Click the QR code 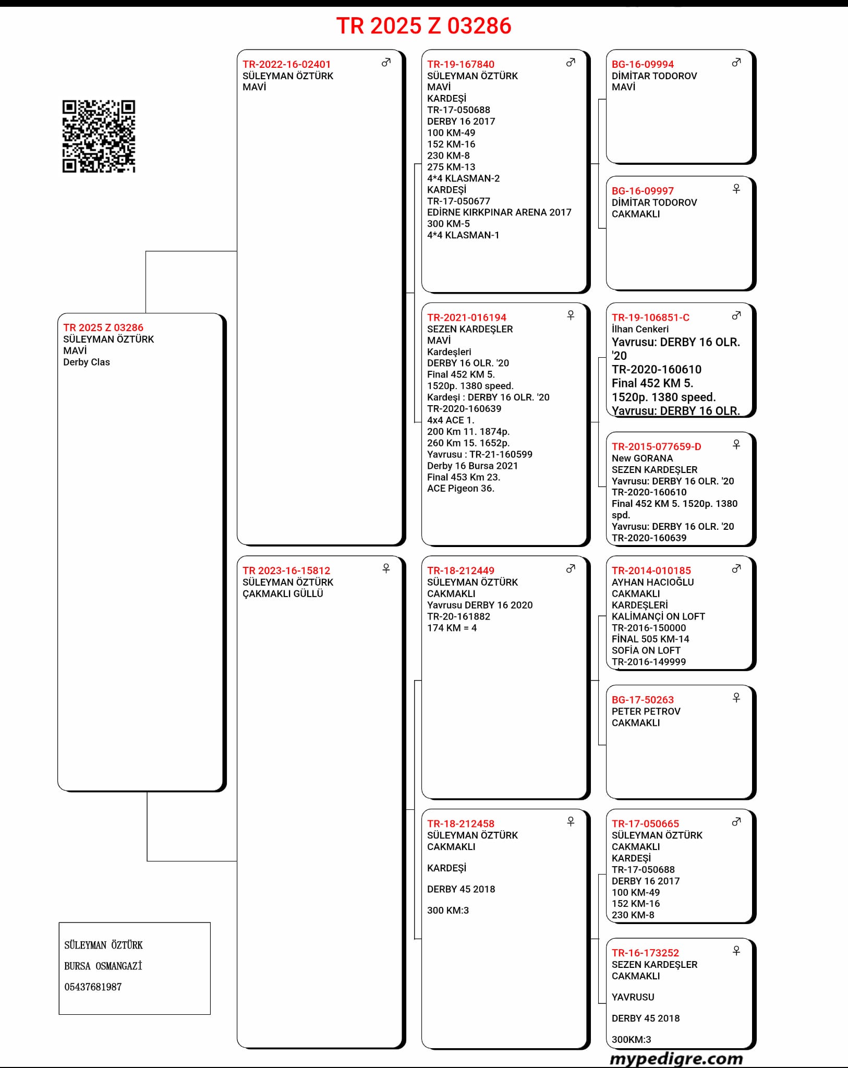99,136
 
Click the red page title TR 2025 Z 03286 423,26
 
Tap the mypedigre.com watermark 676,1058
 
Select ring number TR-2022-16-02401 286,64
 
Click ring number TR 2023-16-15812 286,571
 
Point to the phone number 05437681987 93,987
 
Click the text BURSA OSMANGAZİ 103,966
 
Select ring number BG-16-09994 643,64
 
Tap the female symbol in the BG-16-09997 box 736,189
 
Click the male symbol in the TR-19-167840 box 571,63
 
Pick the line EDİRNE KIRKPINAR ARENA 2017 499,212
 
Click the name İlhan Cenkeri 640,329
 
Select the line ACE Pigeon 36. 461,488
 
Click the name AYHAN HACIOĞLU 652,582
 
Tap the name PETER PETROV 646,711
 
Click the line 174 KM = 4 452,628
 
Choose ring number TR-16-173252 645,953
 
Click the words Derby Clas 87,362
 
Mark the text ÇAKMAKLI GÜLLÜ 283,593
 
